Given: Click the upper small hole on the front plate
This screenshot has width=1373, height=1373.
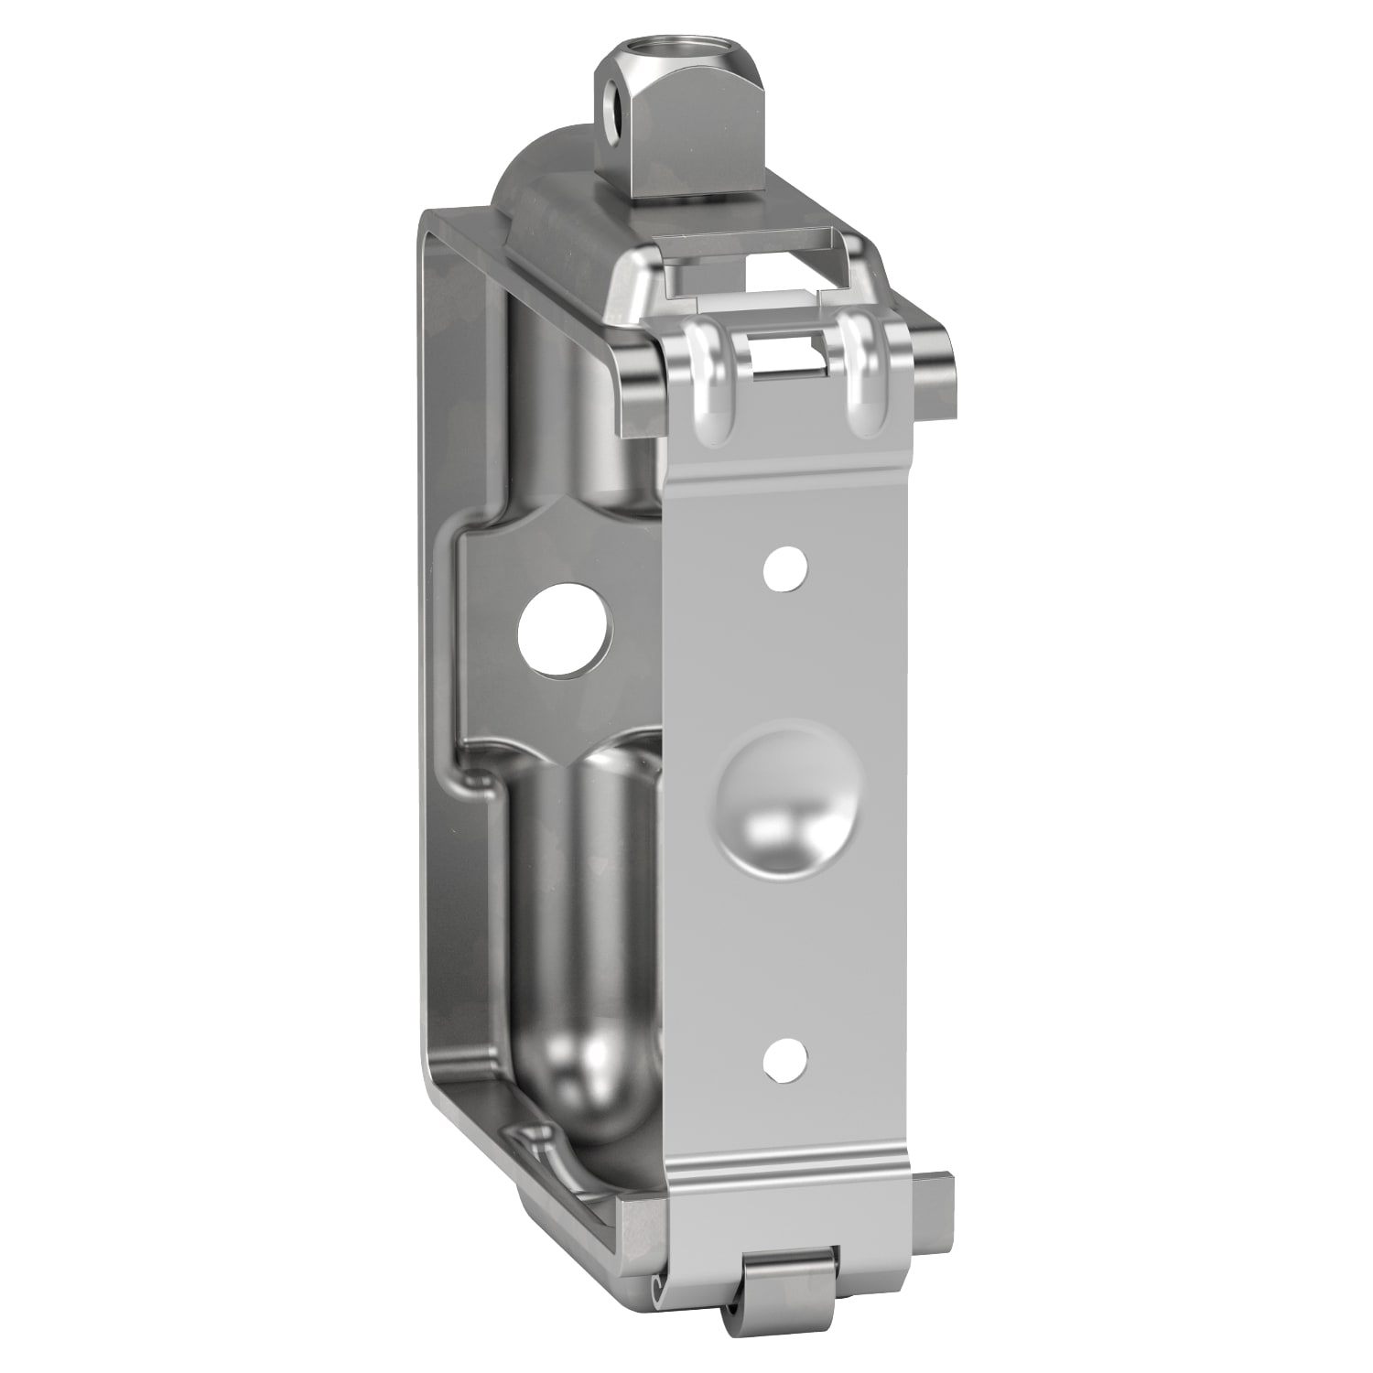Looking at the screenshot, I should coord(786,568).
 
